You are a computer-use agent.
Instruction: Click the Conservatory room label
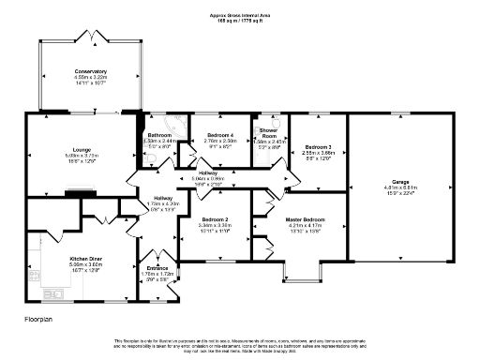[91, 71]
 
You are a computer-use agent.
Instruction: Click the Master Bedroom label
[305, 220]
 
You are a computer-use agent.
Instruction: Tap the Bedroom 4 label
[218, 136]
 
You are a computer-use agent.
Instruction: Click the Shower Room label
[268, 133]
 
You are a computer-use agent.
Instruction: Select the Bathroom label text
[158, 135]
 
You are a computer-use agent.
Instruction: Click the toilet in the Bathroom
[151, 159]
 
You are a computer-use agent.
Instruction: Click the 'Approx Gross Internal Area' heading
[240, 17]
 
